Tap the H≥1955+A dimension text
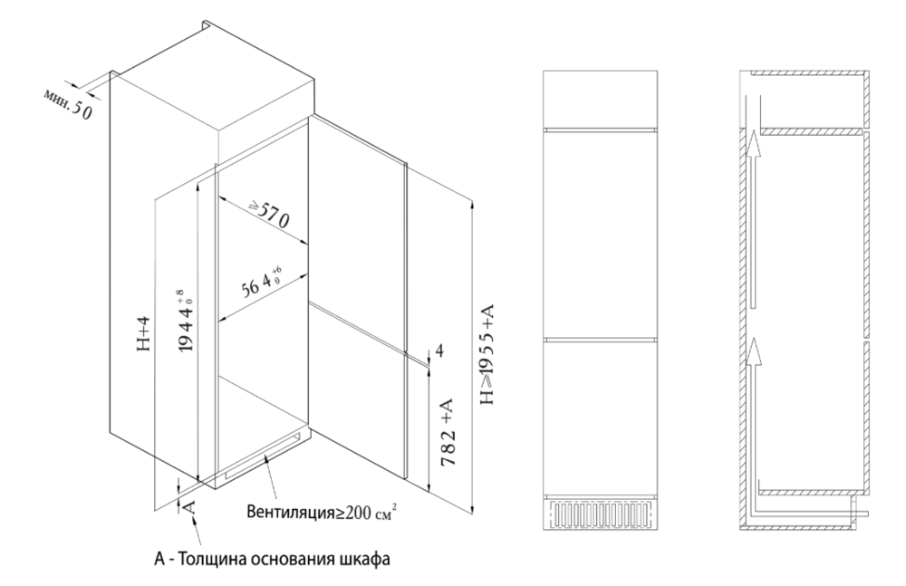point(487,355)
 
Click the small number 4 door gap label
point(439,351)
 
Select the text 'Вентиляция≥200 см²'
point(322,512)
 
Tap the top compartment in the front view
point(601,98)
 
